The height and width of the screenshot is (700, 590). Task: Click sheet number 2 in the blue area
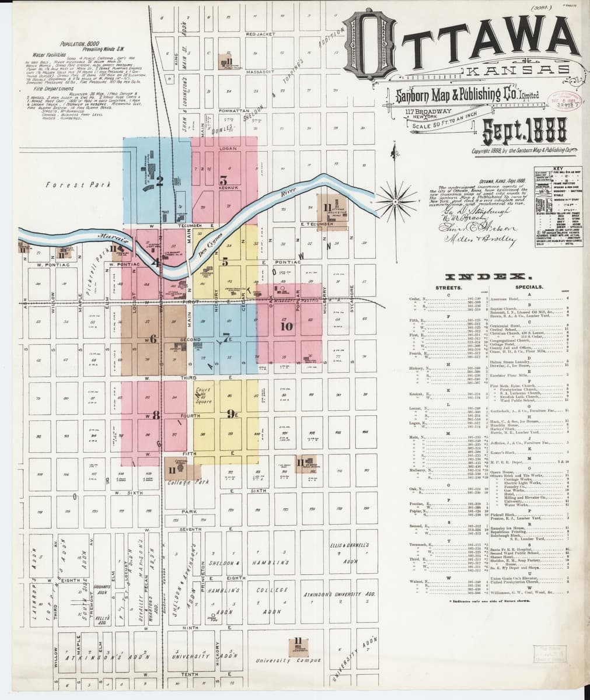coord(158,180)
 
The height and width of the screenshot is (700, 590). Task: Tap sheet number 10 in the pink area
coord(286,327)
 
